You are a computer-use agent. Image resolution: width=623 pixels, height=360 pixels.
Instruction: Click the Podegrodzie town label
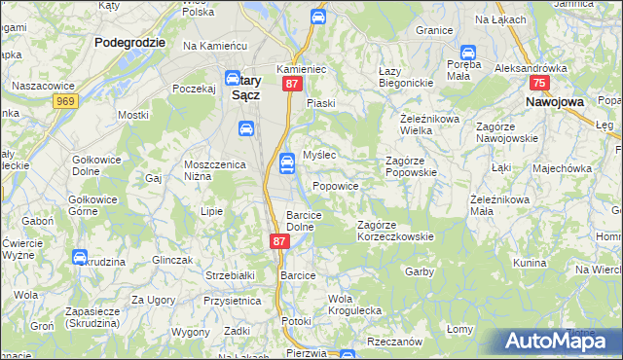click(x=130, y=43)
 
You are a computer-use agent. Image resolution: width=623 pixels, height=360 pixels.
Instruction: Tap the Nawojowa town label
click(x=554, y=100)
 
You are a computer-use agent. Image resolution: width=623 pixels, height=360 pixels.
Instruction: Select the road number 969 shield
click(x=66, y=100)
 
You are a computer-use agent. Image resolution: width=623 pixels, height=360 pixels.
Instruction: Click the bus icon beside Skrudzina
click(x=79, y=257)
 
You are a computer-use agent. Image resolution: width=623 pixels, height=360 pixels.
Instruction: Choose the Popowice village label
click(x=336, y=186)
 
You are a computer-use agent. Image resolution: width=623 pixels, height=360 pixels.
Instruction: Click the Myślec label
click(x=319, y=156)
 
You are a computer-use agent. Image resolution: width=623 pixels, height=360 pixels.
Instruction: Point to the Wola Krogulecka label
click(x=354, y=304)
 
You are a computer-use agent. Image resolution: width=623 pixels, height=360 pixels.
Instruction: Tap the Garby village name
click(x=419, y=271)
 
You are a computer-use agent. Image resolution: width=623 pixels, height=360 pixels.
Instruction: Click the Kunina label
click(x=531, y=264)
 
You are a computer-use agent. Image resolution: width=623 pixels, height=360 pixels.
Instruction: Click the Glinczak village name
click(x=175, y=260)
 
